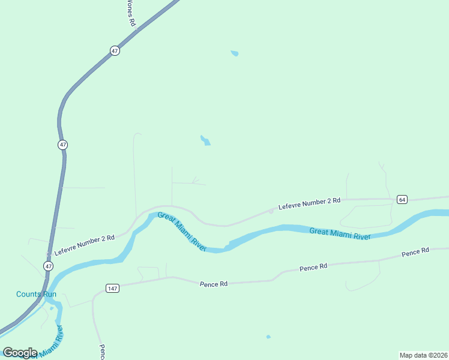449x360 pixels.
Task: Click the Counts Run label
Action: tap(36, 294)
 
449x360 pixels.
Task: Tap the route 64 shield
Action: tap(402, 199)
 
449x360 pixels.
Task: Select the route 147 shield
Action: tap(113, 288)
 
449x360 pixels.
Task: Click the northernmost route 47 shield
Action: tap(115, 51)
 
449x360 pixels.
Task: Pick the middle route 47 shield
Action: tap(63, 145)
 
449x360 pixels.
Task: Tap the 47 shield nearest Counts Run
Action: tap(48, 265)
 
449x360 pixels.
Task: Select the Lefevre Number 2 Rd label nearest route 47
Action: tap(85, 246)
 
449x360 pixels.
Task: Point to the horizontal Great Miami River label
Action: tap(340, 233)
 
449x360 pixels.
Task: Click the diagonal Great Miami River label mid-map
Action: tap(182, 231)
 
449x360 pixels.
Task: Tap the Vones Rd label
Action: tap(130, 12)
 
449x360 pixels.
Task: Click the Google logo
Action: tap(20, 353)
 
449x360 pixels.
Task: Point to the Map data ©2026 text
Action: tap(423, 355)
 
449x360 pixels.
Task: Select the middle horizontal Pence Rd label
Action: tap(314, 266)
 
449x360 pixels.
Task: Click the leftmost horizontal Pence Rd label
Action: tap(214, 283)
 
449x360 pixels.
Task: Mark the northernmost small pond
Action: tap(235, 53)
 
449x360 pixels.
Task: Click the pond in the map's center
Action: tap(205, 140)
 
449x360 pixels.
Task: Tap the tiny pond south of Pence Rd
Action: tap(268, 337)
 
